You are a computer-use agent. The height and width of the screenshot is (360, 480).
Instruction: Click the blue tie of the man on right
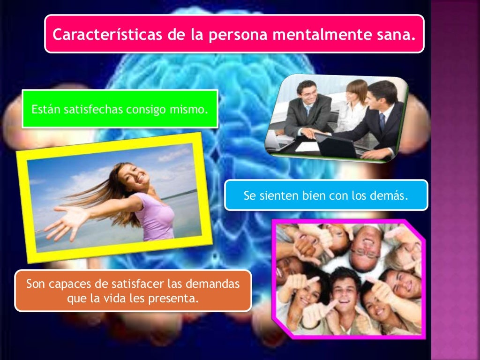click(382, 122)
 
